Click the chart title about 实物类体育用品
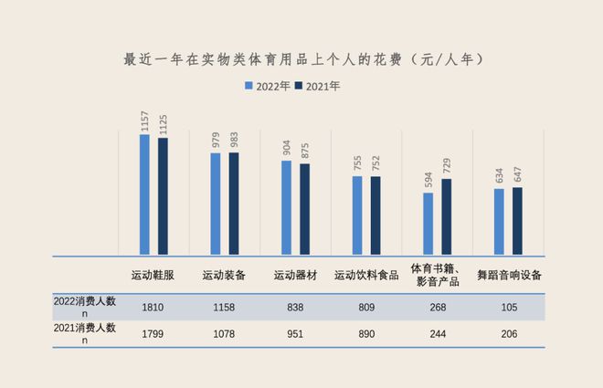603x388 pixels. pos(301,59)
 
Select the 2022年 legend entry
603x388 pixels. pos(271,87)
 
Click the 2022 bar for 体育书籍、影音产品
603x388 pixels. pos(428,224)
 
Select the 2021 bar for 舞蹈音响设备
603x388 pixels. pos(518,221)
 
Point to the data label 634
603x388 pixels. pos(500,174)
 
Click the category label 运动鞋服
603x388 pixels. pos(153,275)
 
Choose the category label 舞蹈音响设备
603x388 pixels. pos(509,275)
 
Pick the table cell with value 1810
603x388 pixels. pos(153,307)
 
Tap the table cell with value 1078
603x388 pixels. pos(224,334)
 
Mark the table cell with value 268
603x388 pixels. pos(438,307)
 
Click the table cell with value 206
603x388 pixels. pos(509,334)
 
